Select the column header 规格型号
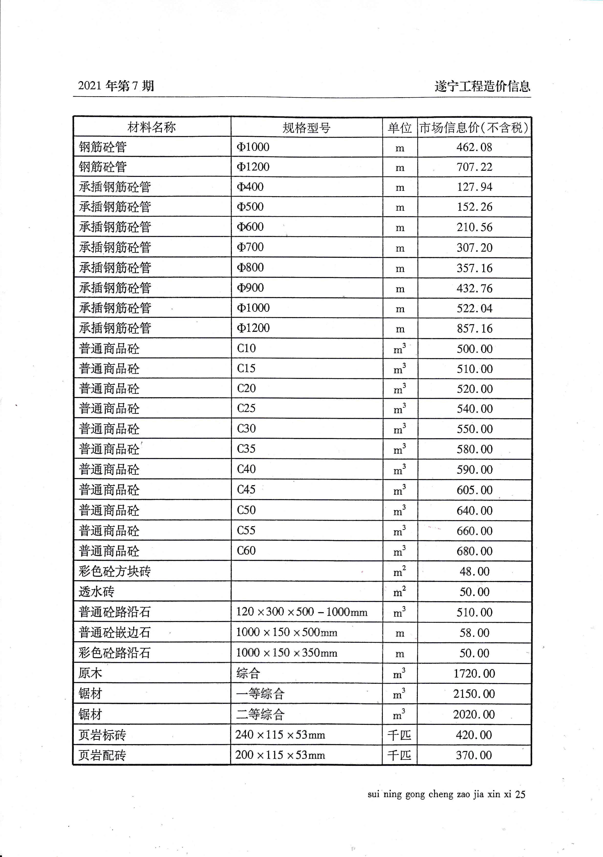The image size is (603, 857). point(306,128)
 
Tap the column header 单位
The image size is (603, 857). point(399,128)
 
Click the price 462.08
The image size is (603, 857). point(474,147)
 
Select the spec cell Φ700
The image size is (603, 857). point(250,247)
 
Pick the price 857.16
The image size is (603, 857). point(474,329)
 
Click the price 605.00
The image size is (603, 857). point(474,490)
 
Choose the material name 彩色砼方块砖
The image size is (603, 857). point(115,571)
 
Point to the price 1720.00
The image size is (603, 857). point(474,673)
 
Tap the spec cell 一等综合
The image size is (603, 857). point(260,694)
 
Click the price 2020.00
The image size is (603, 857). point(474,714)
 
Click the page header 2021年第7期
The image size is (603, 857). point(116,86)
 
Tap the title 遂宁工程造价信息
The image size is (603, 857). point(482,86)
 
